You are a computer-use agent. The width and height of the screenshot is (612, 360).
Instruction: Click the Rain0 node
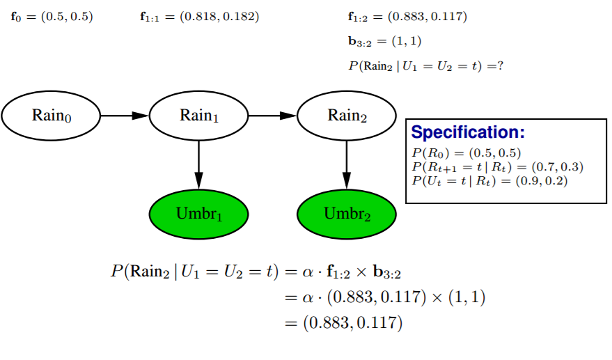tap(52, 116)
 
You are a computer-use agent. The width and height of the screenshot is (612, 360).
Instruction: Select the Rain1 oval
tap(199, 116)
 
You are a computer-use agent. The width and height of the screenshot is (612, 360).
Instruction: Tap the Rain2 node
tap(347, 116)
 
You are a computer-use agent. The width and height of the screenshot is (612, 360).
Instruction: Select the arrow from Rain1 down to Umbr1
tap(199, 164)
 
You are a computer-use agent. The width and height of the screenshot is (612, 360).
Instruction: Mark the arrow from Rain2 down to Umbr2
tap(347, 164)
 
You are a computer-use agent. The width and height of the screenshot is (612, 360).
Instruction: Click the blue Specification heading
tap(467, 132)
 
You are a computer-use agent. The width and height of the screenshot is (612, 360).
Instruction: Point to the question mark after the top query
tap(500, 65)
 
